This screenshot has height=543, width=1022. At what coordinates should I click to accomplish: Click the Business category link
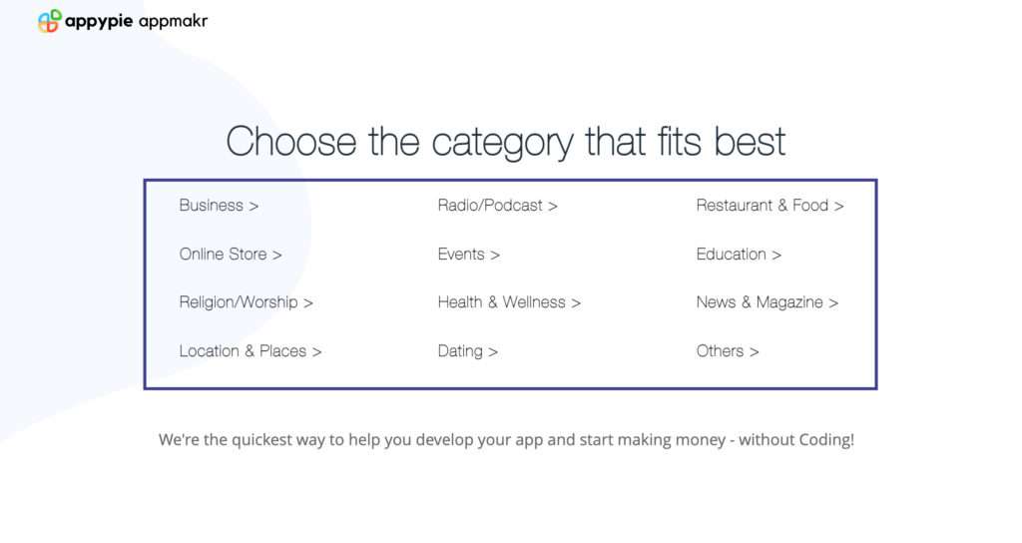[219, 206]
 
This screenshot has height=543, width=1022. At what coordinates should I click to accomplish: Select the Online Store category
[231, 255]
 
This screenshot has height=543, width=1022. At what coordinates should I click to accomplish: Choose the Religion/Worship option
[247, 302]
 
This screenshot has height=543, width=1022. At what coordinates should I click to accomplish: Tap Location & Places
[251, 351]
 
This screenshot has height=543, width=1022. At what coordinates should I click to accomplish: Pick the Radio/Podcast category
[497, 206]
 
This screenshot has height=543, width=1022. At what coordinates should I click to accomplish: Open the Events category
[469, 255]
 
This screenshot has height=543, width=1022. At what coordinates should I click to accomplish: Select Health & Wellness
[509, 302]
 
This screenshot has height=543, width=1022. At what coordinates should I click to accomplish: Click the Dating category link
[467, 351]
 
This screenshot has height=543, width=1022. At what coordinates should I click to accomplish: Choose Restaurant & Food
[769, 206]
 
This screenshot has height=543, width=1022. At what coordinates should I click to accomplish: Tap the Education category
[739, 255]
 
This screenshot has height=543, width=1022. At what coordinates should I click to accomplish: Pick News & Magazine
[767, 302]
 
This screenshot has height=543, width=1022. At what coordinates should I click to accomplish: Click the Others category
[728, 351]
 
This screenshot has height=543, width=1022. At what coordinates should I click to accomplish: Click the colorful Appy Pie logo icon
[50, 21]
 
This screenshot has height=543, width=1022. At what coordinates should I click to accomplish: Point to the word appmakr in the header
[174, 22]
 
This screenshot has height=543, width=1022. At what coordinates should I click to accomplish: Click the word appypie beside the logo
[99, 22]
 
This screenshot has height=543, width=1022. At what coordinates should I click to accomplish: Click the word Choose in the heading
[291, 142]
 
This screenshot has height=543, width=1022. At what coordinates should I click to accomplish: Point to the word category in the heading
[503, 144]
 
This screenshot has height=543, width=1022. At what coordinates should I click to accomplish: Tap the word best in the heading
[750, 142]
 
